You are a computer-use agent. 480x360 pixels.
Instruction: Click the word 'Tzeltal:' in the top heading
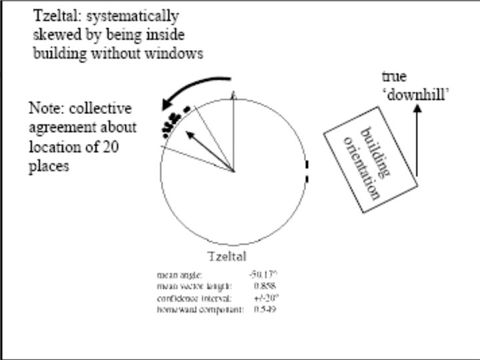coord(57,15)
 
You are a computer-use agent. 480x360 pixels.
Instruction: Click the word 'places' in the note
coord(49,167)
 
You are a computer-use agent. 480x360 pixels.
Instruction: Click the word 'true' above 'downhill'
coord(394,78)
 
